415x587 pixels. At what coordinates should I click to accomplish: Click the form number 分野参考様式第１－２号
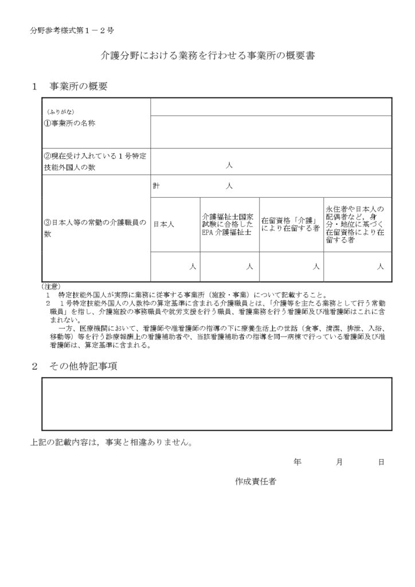click(x=75, y=31)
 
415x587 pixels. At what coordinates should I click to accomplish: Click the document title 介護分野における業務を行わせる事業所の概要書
click(x=207, y=57)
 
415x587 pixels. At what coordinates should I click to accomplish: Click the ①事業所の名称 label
click(x=70, y=123)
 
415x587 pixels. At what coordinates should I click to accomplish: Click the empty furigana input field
click(x=271, y=107)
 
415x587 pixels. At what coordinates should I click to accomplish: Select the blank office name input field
click(x=271, y=131)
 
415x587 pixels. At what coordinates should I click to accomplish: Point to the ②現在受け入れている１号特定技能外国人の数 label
click(x=96, y=161)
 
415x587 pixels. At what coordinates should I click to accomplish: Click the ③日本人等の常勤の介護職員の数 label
click(x=96, y=229)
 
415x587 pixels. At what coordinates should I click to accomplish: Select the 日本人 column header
click(x=164, y=225)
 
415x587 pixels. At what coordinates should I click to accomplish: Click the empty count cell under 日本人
click(x=175, y=267)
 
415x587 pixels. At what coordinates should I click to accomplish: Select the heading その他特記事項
click(x=83, y=366)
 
